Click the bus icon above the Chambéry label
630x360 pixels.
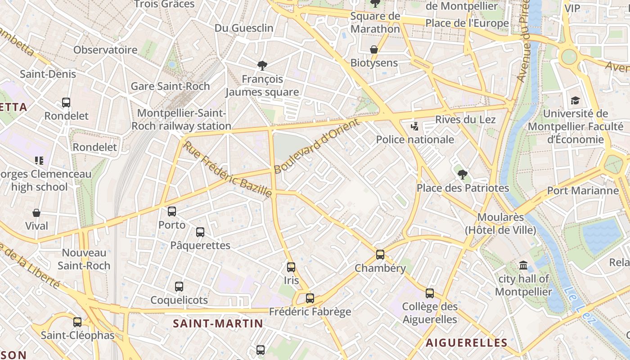coord(380,255)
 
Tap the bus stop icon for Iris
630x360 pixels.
coord(291,267)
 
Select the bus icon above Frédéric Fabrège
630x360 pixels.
coord(310,298)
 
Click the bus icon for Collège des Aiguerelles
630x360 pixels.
coord(430,293)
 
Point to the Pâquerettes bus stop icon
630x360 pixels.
coord(200,232)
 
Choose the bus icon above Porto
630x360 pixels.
coord(172,211)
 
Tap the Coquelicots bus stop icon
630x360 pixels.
coord(179,287)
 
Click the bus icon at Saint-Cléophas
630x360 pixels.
coord(77,322)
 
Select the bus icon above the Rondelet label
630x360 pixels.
coord(66,103)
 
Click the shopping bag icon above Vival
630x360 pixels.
coord(36,213)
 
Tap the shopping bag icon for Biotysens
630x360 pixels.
coord(374,49)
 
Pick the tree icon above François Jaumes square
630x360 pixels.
coord(262,66)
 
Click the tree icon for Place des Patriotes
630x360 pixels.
coord(462,175)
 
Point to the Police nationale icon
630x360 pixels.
coord(415,126)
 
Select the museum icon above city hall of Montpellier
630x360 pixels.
coord(523,265)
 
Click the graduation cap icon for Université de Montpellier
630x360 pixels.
coord(575,100)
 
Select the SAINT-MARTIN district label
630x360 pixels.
coord(218,323)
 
